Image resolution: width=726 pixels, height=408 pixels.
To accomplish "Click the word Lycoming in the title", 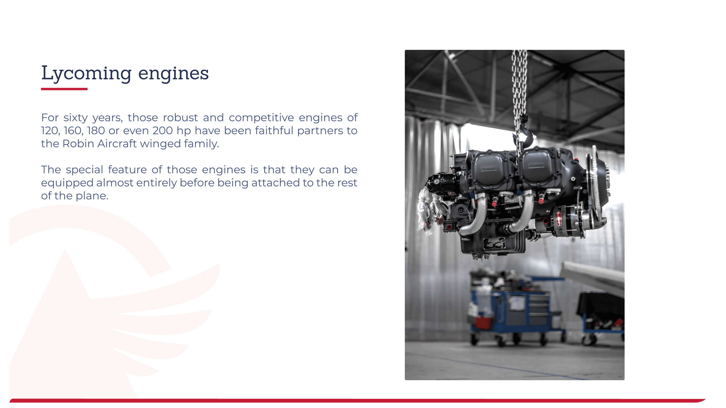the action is (x=86, y=73).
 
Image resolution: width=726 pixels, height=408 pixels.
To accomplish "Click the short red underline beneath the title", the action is (x=64, y=89).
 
